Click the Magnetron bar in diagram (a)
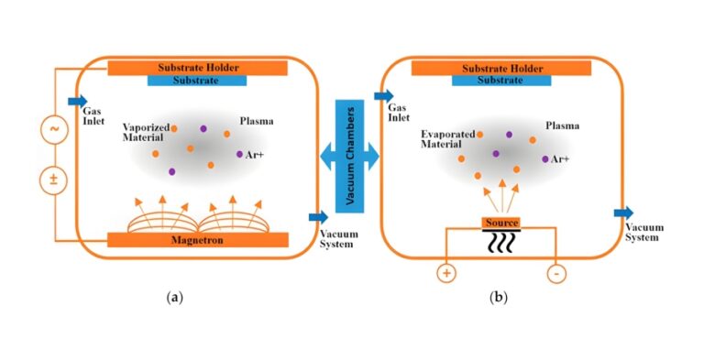click(x=198, y=240)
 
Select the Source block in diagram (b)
click(x=501, y=223)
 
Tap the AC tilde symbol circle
click(x=53, y=130)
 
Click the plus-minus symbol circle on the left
click(x=53, y=179)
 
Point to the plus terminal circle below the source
click(x=446, y=273)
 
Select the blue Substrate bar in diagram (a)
click(x=198, y=81)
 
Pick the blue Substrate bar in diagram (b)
click(x=501, y=81)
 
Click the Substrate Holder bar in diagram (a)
click(x=198, y=68)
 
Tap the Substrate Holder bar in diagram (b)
click(x=501, y=68)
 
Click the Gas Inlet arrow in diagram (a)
click(x=77, y=101)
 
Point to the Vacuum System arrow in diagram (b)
click(x=623, y=213)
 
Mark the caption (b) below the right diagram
click(x=499, y=297)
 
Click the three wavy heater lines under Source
click(x=501, y=243)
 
